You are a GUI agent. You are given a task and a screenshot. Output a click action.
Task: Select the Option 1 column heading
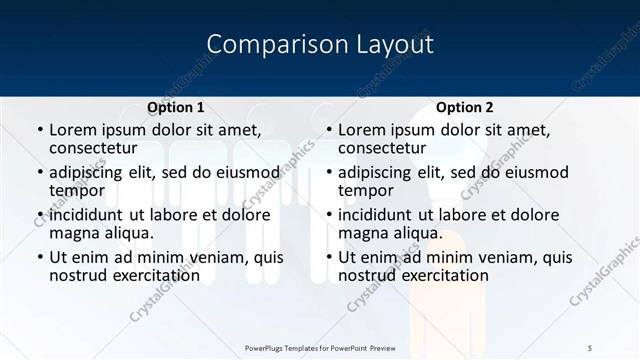click(x=176, y=107)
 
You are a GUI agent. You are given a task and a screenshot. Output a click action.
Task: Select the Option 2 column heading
click(x=465, y=107)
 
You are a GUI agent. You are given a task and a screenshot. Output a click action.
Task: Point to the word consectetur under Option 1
click(x=97, y=149)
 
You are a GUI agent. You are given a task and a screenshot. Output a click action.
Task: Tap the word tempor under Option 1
click(x=77, y=191)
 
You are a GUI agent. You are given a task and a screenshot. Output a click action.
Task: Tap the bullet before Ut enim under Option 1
click(x=40, y=258)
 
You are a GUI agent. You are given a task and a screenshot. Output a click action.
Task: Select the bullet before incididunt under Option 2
click(x=329, y=215)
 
